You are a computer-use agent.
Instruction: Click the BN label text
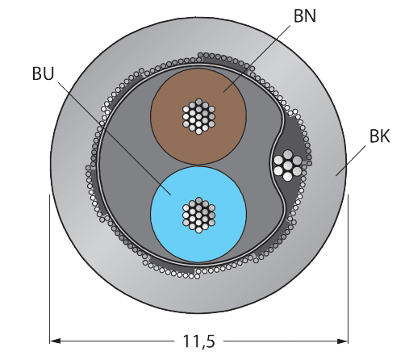305,16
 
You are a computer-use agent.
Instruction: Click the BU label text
43,73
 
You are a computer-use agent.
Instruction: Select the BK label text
379,136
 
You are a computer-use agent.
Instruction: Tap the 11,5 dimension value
199,341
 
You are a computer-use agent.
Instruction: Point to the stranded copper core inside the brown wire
198,116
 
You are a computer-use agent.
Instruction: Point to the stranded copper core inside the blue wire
198,215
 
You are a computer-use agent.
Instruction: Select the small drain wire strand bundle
288,165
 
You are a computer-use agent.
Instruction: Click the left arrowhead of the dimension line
55,341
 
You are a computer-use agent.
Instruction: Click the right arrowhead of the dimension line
343,341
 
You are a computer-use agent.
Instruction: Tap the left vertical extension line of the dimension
49,269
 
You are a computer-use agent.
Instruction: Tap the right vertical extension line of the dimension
348,269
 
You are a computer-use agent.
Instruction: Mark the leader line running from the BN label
257,59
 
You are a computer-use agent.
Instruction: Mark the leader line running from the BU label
115,139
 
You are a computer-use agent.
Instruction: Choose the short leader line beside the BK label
351,161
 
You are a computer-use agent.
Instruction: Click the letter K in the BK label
385,136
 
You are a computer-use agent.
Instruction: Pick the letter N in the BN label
311,16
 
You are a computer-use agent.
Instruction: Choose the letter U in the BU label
48,73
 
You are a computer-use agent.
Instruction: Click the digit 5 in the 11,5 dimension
211,341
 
